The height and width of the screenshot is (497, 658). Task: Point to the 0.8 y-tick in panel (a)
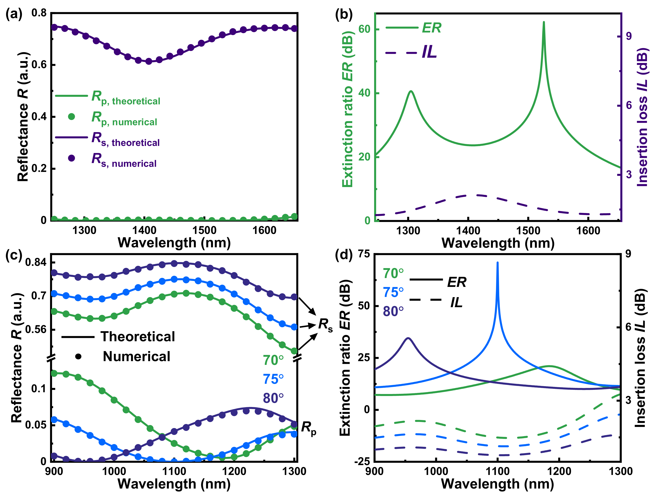pos(39,13)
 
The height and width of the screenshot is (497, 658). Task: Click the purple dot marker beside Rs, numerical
pos(71,158)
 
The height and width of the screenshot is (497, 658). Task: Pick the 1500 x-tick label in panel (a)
pos(204,230)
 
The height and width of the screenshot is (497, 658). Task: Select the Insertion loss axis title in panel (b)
pos(642,117)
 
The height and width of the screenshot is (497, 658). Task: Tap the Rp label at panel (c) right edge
pos(309,428)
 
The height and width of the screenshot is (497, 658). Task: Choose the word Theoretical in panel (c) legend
pos(138,337)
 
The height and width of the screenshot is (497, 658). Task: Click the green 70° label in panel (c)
pos(273,361)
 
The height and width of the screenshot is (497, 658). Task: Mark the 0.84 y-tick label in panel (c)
pos(36,262)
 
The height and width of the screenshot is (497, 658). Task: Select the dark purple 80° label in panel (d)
pos(393,312)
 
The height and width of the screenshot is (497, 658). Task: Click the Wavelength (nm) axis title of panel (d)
pos(497,484)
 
